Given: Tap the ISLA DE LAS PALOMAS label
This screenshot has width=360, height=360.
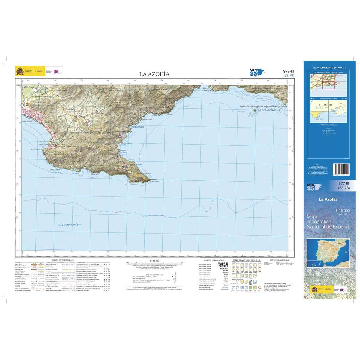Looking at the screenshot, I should click(267, 110).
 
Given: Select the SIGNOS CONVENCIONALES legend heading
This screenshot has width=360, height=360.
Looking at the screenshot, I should click(63, 260).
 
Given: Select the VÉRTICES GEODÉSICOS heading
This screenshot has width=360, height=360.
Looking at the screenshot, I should click(279, 260).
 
